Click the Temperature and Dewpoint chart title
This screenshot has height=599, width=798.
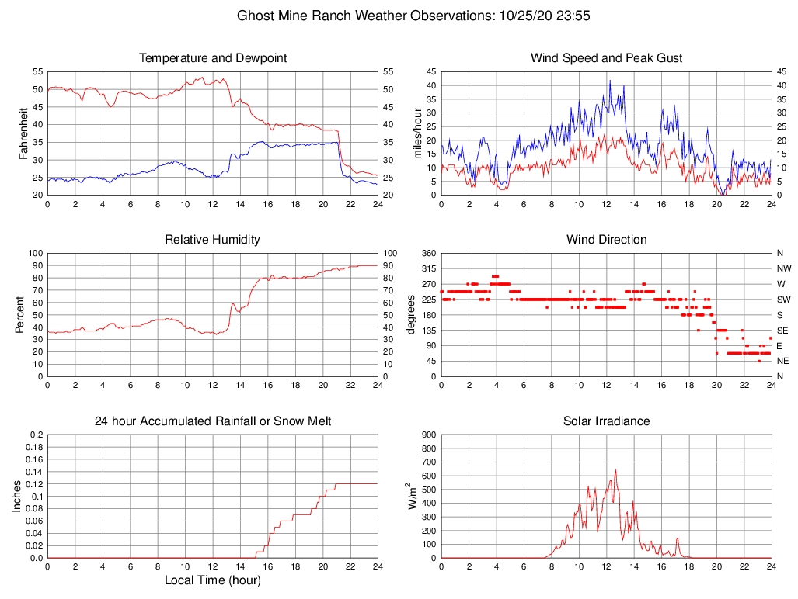(212, 58)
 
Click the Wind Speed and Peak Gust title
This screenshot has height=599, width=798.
(606, 58)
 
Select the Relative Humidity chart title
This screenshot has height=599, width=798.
(212, 240)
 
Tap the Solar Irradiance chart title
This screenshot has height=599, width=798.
(606, 421)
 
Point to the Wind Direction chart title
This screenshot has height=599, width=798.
(606, 240)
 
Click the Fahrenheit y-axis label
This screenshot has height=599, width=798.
(23, 133)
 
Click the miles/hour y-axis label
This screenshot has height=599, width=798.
(417, 133)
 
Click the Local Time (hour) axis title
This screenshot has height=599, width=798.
(212, 580)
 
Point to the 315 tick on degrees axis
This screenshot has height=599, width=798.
(426, 268)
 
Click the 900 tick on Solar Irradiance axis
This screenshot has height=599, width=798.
(426, 435)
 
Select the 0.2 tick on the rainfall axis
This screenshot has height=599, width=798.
(37, 435)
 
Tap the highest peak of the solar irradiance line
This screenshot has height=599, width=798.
(615, 469)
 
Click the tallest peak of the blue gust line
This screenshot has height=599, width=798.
(610, 81)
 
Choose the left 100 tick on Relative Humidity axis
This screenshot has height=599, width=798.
(34, 253)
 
